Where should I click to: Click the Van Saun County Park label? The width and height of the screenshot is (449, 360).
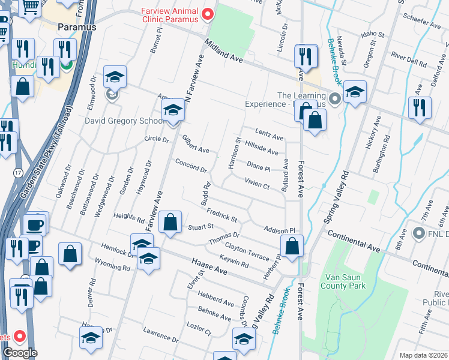pyautogui.click(x=345, y=281)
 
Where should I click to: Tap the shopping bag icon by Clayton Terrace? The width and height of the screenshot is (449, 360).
pyautogui.click(x=292, y=247)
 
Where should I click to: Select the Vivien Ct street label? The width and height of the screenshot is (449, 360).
pyautogui.click(x=256, y=182)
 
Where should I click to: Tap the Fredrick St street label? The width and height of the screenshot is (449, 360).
pyautogui.click(x=222, y=214)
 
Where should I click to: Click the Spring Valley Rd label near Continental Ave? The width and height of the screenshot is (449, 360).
pyautogui.click(x=336, y=197)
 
